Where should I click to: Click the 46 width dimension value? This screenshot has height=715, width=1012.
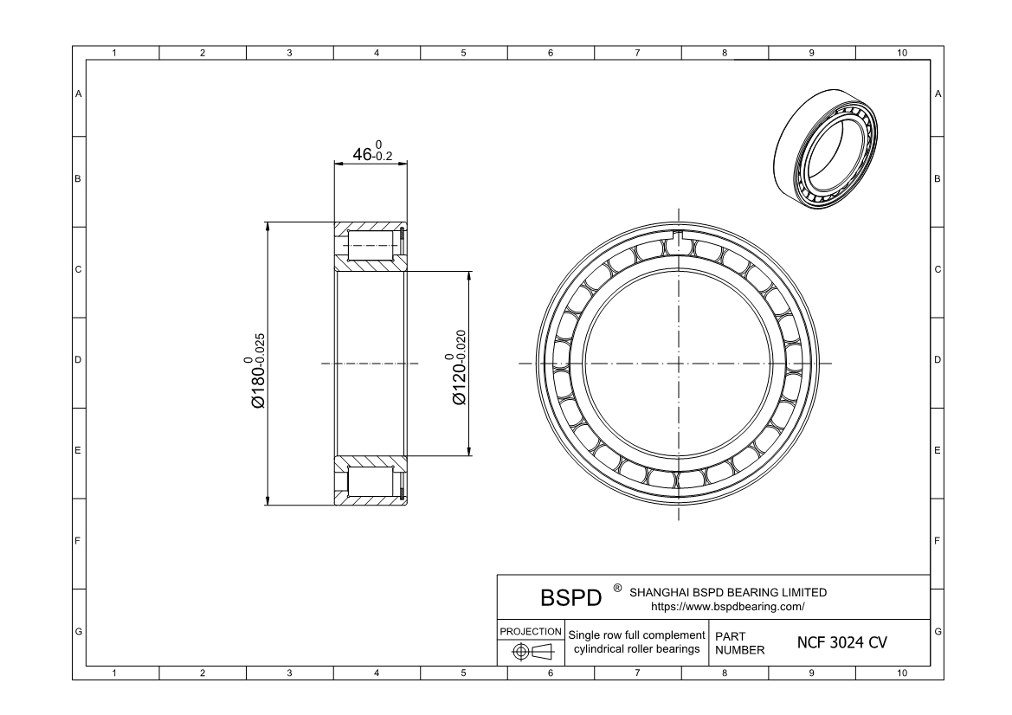371,155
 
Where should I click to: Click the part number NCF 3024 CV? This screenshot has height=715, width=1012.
841,643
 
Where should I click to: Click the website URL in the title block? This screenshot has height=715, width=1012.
727,607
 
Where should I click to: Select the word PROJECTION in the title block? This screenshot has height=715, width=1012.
531,633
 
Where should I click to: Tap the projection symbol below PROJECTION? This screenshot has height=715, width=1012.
531,652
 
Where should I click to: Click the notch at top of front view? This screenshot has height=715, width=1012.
678,239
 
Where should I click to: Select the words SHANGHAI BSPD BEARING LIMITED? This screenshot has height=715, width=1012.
727,593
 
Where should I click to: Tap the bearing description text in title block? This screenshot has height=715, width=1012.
636,643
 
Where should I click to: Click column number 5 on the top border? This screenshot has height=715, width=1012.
463,54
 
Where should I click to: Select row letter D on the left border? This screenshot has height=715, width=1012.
79,360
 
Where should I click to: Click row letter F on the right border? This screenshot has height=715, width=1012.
938,542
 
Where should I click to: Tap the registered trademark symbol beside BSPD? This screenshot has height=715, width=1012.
616,589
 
